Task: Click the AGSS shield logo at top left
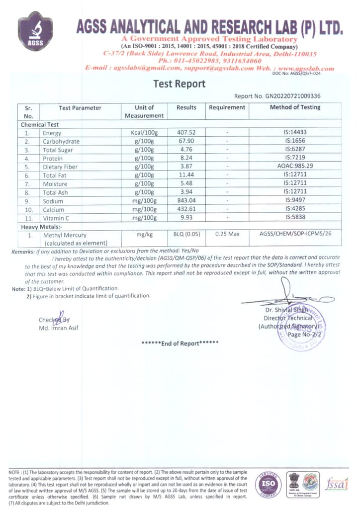[35, 32]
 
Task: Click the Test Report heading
[180, 84]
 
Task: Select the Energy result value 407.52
[186, 133]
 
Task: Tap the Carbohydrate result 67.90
[186, 141]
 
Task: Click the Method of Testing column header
[295, 107]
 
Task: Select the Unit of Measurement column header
[144, 111]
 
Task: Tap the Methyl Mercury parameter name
[65, 235]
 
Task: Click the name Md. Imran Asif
[58, 328]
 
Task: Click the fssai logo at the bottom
[338, 483]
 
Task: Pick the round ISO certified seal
[268, 484]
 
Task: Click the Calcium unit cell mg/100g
[144, 209]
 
